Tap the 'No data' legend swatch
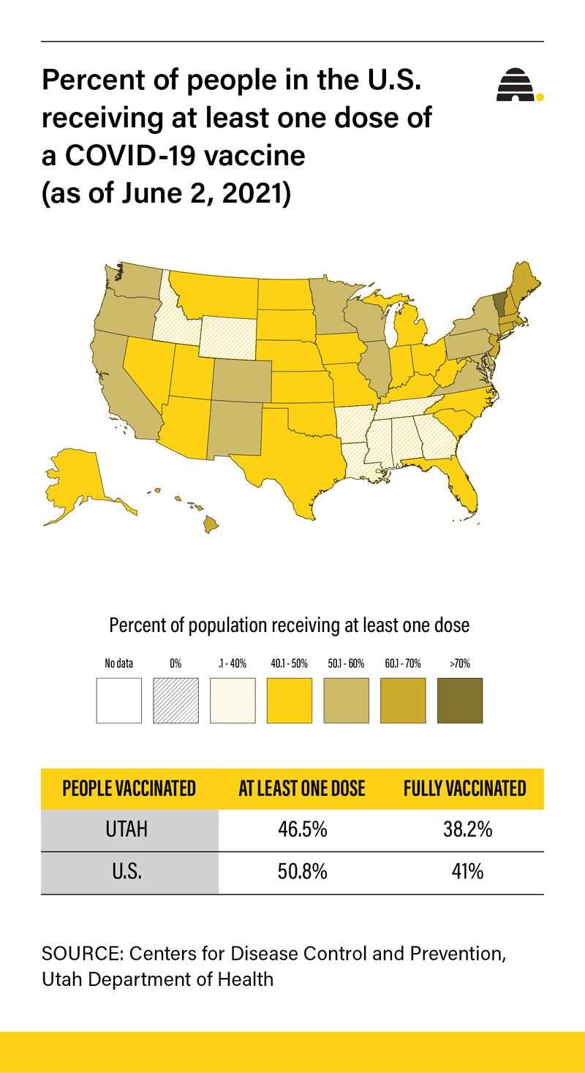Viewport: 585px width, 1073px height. pyautogui.click(x=118, y=700)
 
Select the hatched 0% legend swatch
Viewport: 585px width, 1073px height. pyautogui.click(x=175, y=700)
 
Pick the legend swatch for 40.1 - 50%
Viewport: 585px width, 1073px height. pyautogui.click(x=290, y=700)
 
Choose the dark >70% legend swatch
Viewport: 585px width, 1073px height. pyautogui.click(x=460, y=700)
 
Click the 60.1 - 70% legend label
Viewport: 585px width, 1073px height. pyautogui.click(x=402, y=664)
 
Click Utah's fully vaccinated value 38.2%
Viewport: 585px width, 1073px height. pyautogui.click(x=464, y=830)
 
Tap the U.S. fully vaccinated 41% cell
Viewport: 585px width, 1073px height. pyautogui.click(x=464, y=873)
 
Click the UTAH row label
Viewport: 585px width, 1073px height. pyautogui.click(x=129, y=830)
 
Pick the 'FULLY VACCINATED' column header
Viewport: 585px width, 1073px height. pyautogui.click(x=464, y=788)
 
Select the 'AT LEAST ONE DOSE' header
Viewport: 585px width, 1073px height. pyautogui.click(x=302, y=788)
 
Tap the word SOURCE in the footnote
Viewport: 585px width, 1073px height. pyautogui.click(x=72, y=954)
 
